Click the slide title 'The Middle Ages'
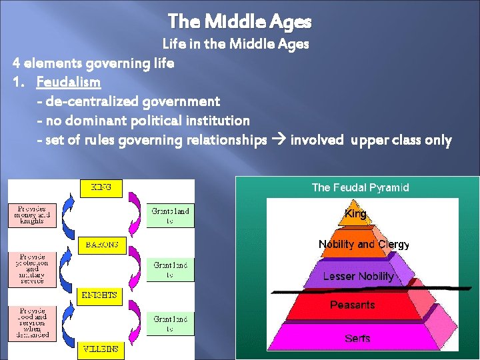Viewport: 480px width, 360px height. [x=239, y=22]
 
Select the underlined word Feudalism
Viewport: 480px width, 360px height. [x=69, y=83]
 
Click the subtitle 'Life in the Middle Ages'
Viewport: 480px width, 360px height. [x=236, y=45]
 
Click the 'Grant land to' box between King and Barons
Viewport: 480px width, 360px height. [x=170, y=215]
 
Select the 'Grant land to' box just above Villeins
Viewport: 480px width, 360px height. [x=170, y=323]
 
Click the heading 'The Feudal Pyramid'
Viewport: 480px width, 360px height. [x=360, y=187]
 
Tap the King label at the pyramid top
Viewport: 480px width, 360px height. [x=355, y=214]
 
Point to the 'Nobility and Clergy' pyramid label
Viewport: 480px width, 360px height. [x=363, y=244]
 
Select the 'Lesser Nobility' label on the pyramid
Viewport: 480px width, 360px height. [x=358, y=276]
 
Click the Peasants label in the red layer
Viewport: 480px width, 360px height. [x=353, y=305]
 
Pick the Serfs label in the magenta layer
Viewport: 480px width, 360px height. [x=357, y=339]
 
